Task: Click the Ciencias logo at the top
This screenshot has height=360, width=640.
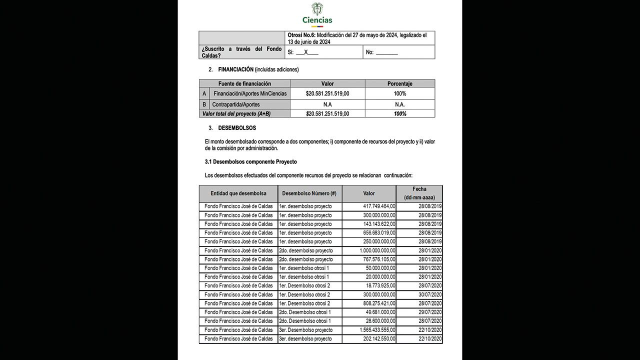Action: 317,14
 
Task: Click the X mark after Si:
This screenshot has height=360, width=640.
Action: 306,52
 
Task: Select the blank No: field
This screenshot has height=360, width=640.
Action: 386,52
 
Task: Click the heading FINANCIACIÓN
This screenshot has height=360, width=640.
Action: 235,69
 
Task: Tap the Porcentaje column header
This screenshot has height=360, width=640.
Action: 399,83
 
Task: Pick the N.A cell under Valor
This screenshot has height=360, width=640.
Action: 327,104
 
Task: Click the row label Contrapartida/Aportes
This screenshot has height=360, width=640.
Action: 235,104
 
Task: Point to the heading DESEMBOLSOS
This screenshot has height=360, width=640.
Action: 237,128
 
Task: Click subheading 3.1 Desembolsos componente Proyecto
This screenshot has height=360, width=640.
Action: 250,162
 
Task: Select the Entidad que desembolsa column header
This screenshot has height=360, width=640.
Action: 238,193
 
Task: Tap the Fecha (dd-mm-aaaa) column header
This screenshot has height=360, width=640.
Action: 419,193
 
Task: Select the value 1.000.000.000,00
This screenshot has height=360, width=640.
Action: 377,250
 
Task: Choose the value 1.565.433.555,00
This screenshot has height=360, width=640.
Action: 377,330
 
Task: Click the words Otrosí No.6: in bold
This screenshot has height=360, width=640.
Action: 301,35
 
